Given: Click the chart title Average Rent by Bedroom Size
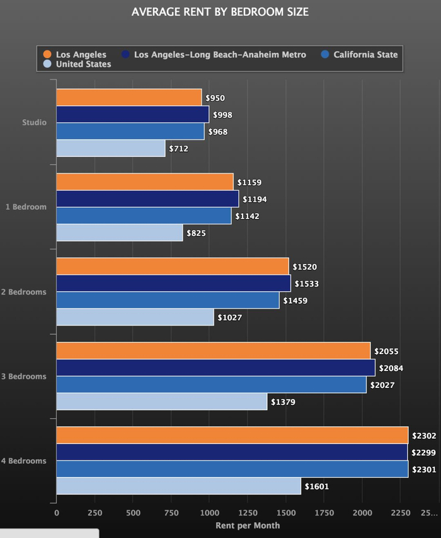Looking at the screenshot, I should click(220, 12).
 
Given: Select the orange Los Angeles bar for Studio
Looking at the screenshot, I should click(129, 98).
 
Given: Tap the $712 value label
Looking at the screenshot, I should click(178, 149).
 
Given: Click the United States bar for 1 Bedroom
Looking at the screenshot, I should click(120, 233).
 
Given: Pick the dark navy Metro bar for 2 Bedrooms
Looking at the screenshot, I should click(173, 283).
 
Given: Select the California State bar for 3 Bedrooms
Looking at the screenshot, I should click(211, 385).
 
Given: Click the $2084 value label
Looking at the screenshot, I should click(391, 368).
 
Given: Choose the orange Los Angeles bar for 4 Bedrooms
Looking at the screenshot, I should click(232, 435).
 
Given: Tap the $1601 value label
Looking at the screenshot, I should click(316, 486).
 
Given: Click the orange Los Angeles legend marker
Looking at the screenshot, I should click(47, 55).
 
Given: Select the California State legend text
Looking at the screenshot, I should click(365, 55).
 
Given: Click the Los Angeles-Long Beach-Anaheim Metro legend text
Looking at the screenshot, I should click(220, 55).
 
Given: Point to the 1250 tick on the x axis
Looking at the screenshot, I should click(248, 513).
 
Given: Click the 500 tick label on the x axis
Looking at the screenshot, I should click(132, 513).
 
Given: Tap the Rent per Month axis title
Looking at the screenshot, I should click(248, 525).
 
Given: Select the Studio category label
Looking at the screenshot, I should click(34, 123).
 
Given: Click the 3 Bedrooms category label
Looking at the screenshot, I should click(24, 377).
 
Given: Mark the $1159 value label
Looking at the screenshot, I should click(249, 183).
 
